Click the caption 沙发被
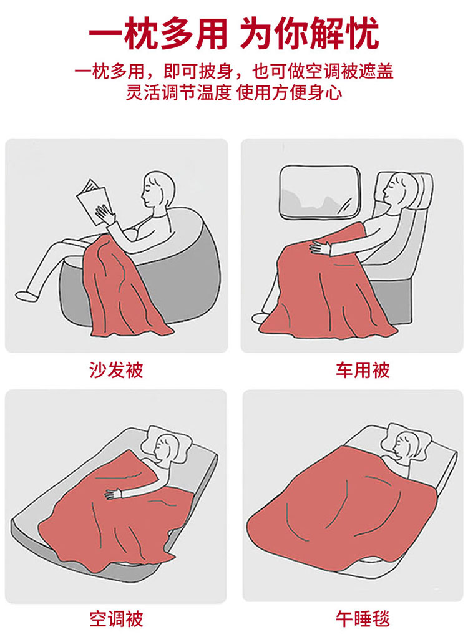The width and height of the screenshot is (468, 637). (x=116, y=370)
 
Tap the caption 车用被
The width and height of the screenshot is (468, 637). (x=363, y=370)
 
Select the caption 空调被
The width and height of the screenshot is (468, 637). (x=116, y=619)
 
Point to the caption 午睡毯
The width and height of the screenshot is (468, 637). (x=363, y=619)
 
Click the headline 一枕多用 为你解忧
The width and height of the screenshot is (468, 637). (x=234, y=33)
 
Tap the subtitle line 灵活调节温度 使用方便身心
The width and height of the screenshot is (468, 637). (x=234, y=92)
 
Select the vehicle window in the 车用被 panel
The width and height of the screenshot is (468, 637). (x=319, y=192)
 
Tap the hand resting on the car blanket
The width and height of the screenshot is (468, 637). (x=321, y=247)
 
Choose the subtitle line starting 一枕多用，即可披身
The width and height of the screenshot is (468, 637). (x=234, y=72)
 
